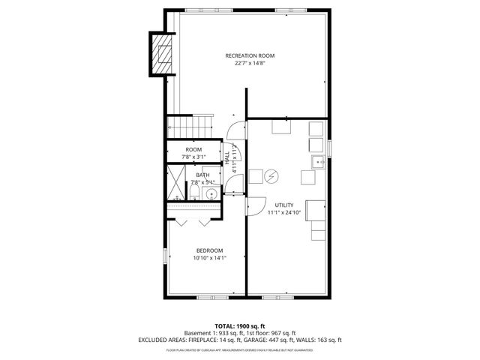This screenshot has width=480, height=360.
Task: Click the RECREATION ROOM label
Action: [250, 55]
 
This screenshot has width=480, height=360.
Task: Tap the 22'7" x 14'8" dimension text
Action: [250, 63]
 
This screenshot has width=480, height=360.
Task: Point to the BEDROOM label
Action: [209, 250]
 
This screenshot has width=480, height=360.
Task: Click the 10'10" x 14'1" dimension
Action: [209, 258]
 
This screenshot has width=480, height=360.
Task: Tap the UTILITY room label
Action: [284, 205]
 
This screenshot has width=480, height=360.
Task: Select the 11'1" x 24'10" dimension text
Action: [284, 212]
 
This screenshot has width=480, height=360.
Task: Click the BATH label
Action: [203, 175]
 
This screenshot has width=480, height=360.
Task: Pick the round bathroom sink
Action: [211, 194]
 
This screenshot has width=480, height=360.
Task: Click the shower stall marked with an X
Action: [175, 184]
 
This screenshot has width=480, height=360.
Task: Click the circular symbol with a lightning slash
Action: [272, 176]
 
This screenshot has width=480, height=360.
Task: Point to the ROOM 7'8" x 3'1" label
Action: [194, 153]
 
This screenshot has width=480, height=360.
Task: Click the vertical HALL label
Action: [227, 158]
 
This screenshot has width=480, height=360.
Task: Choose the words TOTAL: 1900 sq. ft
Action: [240, 326]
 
